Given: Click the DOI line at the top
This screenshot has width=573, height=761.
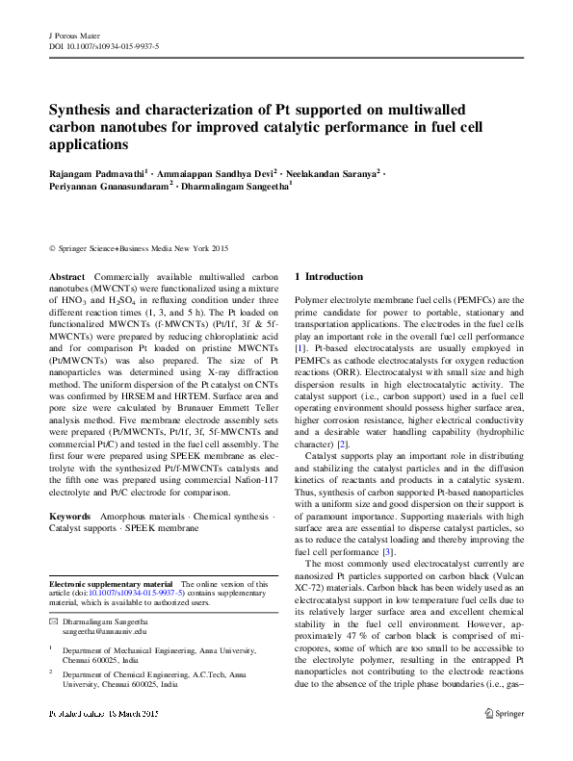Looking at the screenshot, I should click(x=104, y=46).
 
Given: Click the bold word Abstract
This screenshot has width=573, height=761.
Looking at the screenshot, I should click(x=67, y=276).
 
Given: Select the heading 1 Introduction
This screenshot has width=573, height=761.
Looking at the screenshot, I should click(x=328, y=277).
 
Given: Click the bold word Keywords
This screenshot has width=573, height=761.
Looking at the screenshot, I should click(x=72, y=517).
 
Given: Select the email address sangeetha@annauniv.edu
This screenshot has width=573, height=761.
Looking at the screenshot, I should click(x=105, y=633).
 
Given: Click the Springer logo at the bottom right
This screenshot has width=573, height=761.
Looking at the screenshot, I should click(x=506, y=741).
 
